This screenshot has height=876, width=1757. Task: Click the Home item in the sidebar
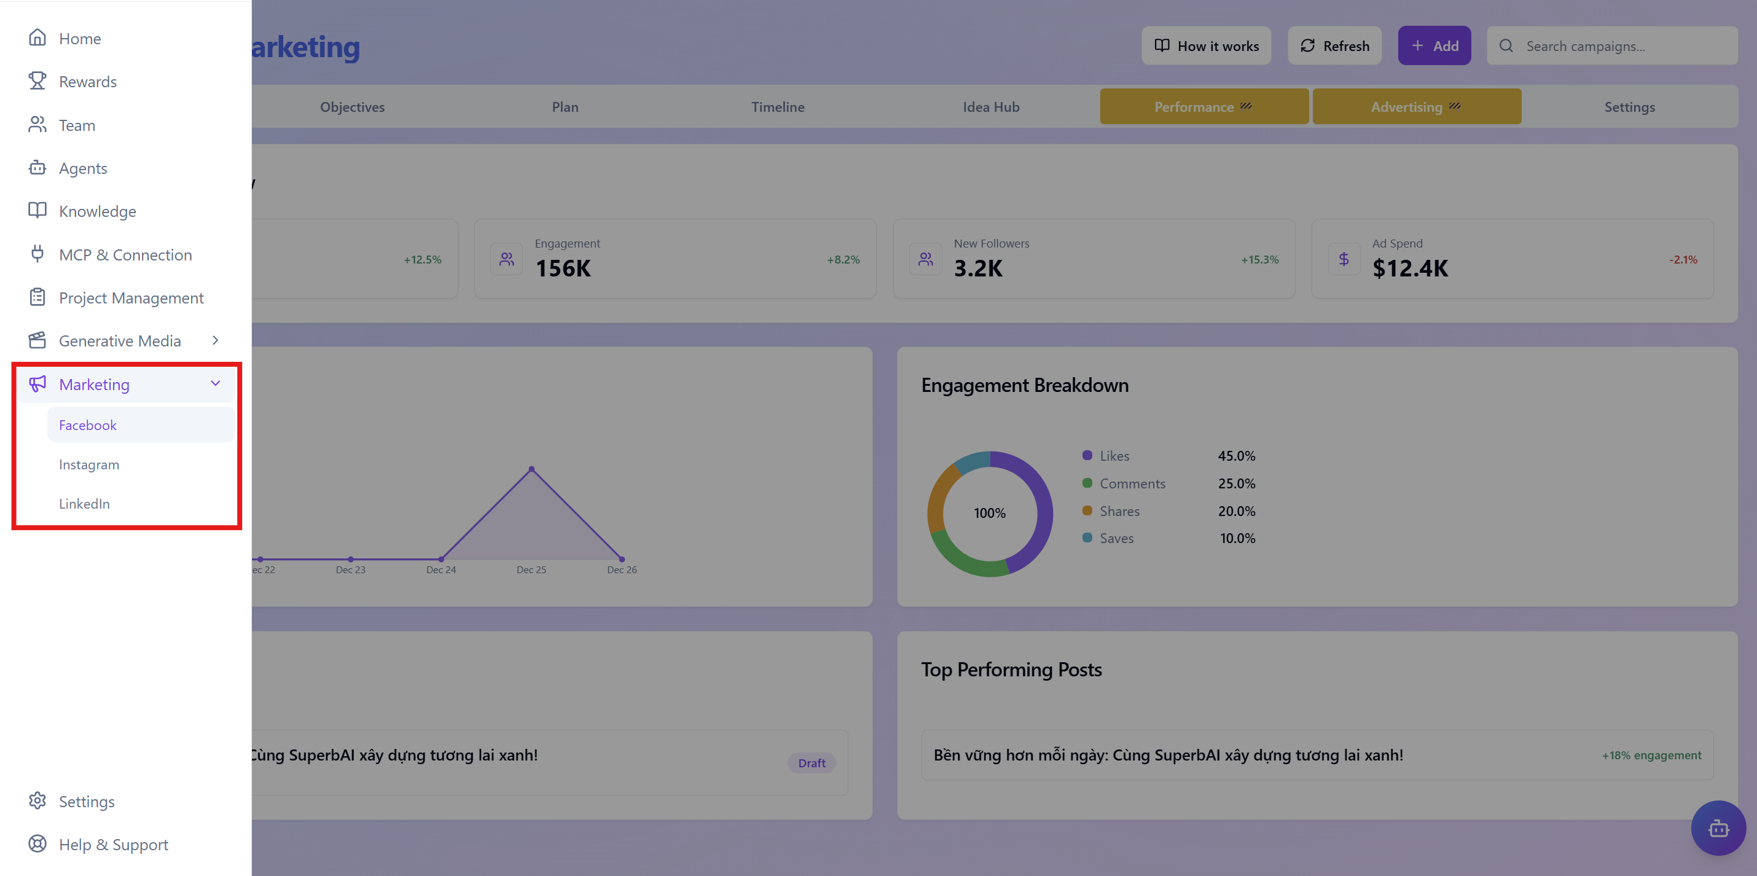point(79,39)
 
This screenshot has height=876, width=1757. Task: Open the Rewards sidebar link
point(87,82)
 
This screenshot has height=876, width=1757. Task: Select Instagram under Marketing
point(88,464)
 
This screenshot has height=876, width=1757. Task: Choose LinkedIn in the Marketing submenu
point(84,504)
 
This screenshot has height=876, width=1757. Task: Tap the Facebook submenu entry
point(87,425)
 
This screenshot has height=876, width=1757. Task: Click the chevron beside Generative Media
point(216,340)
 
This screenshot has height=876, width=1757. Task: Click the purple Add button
point(1434,45)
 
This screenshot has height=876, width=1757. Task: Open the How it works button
point(1206,45)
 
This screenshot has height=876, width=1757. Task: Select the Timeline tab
point(778,107)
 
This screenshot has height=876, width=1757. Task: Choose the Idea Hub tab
point(990,107)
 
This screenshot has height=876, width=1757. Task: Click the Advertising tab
point(1416,107)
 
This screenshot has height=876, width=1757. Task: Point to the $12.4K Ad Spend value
point(1410,268)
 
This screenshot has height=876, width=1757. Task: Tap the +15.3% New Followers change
point(1259,260)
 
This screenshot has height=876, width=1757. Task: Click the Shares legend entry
point(1119,511)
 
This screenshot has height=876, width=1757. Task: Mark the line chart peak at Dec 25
point(531,469)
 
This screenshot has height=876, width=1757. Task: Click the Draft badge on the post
point(811,763)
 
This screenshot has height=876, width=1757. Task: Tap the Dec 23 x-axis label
point(351,569)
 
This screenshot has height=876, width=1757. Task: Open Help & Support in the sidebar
point(113,845)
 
